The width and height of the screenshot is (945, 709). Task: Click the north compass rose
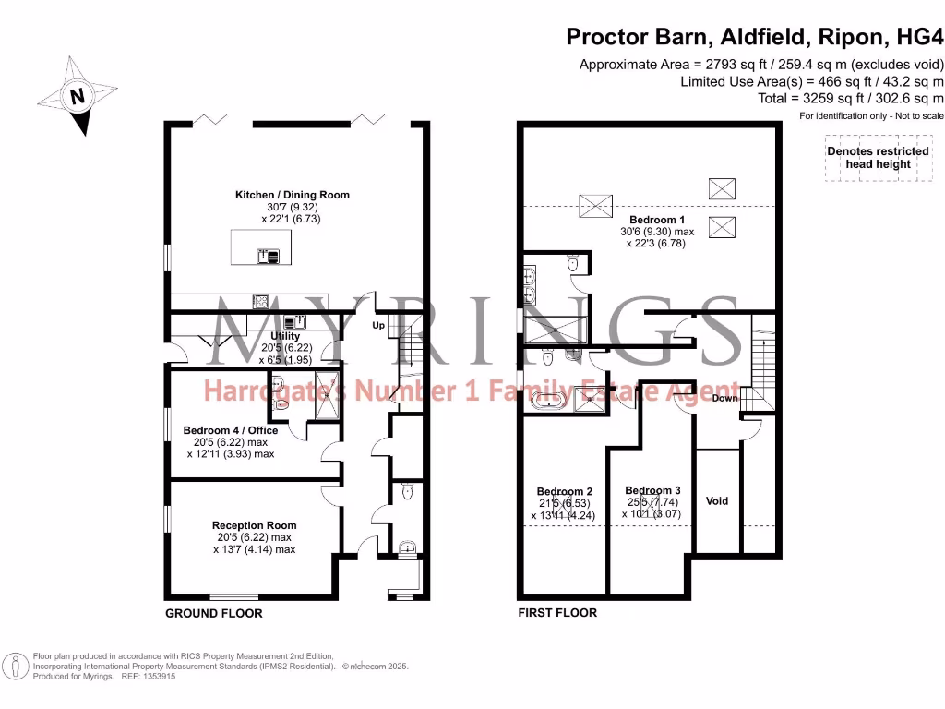[x=78, y=96]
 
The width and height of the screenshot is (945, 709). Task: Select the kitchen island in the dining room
[x=260, y=246]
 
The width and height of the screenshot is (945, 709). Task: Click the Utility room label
[x=285, y=336]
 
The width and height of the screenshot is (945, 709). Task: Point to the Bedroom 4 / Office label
[x=230, y=430]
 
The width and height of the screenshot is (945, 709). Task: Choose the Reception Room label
[x=254, y=525]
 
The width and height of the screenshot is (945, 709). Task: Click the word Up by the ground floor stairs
[x=378, y=326]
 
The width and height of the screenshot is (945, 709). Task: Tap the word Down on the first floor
[x=724, y=399]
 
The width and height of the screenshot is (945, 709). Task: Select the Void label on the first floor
[x=717, y=500]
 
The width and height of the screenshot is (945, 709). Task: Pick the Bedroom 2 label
[x=564, y=491]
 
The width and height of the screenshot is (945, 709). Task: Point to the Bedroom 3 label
[x=652, y=490]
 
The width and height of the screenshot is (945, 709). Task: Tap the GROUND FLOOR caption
[x=213, y=613]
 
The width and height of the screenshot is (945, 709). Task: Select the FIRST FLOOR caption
[x=557, y=613]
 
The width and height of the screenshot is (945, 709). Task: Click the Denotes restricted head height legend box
[x=878, y=158]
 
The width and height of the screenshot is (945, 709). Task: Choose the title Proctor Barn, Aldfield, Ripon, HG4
[x=755, y=37]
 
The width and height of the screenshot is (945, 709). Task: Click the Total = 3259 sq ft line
[x=849, y=98]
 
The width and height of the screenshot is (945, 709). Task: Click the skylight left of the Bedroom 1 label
[x=590, y=203]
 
